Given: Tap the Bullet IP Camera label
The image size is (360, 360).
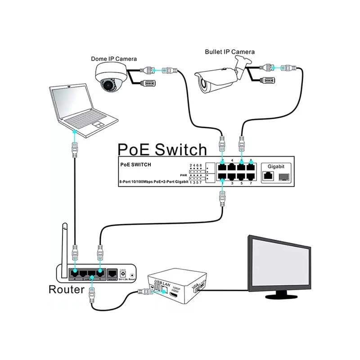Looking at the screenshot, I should (x=229, y=52).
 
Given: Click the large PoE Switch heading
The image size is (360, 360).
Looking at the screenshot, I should (x=162, y=149).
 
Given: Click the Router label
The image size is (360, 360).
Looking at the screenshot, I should (x=66, y=289).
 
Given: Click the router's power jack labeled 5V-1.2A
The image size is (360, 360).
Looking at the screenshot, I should (x=122, y=273).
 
